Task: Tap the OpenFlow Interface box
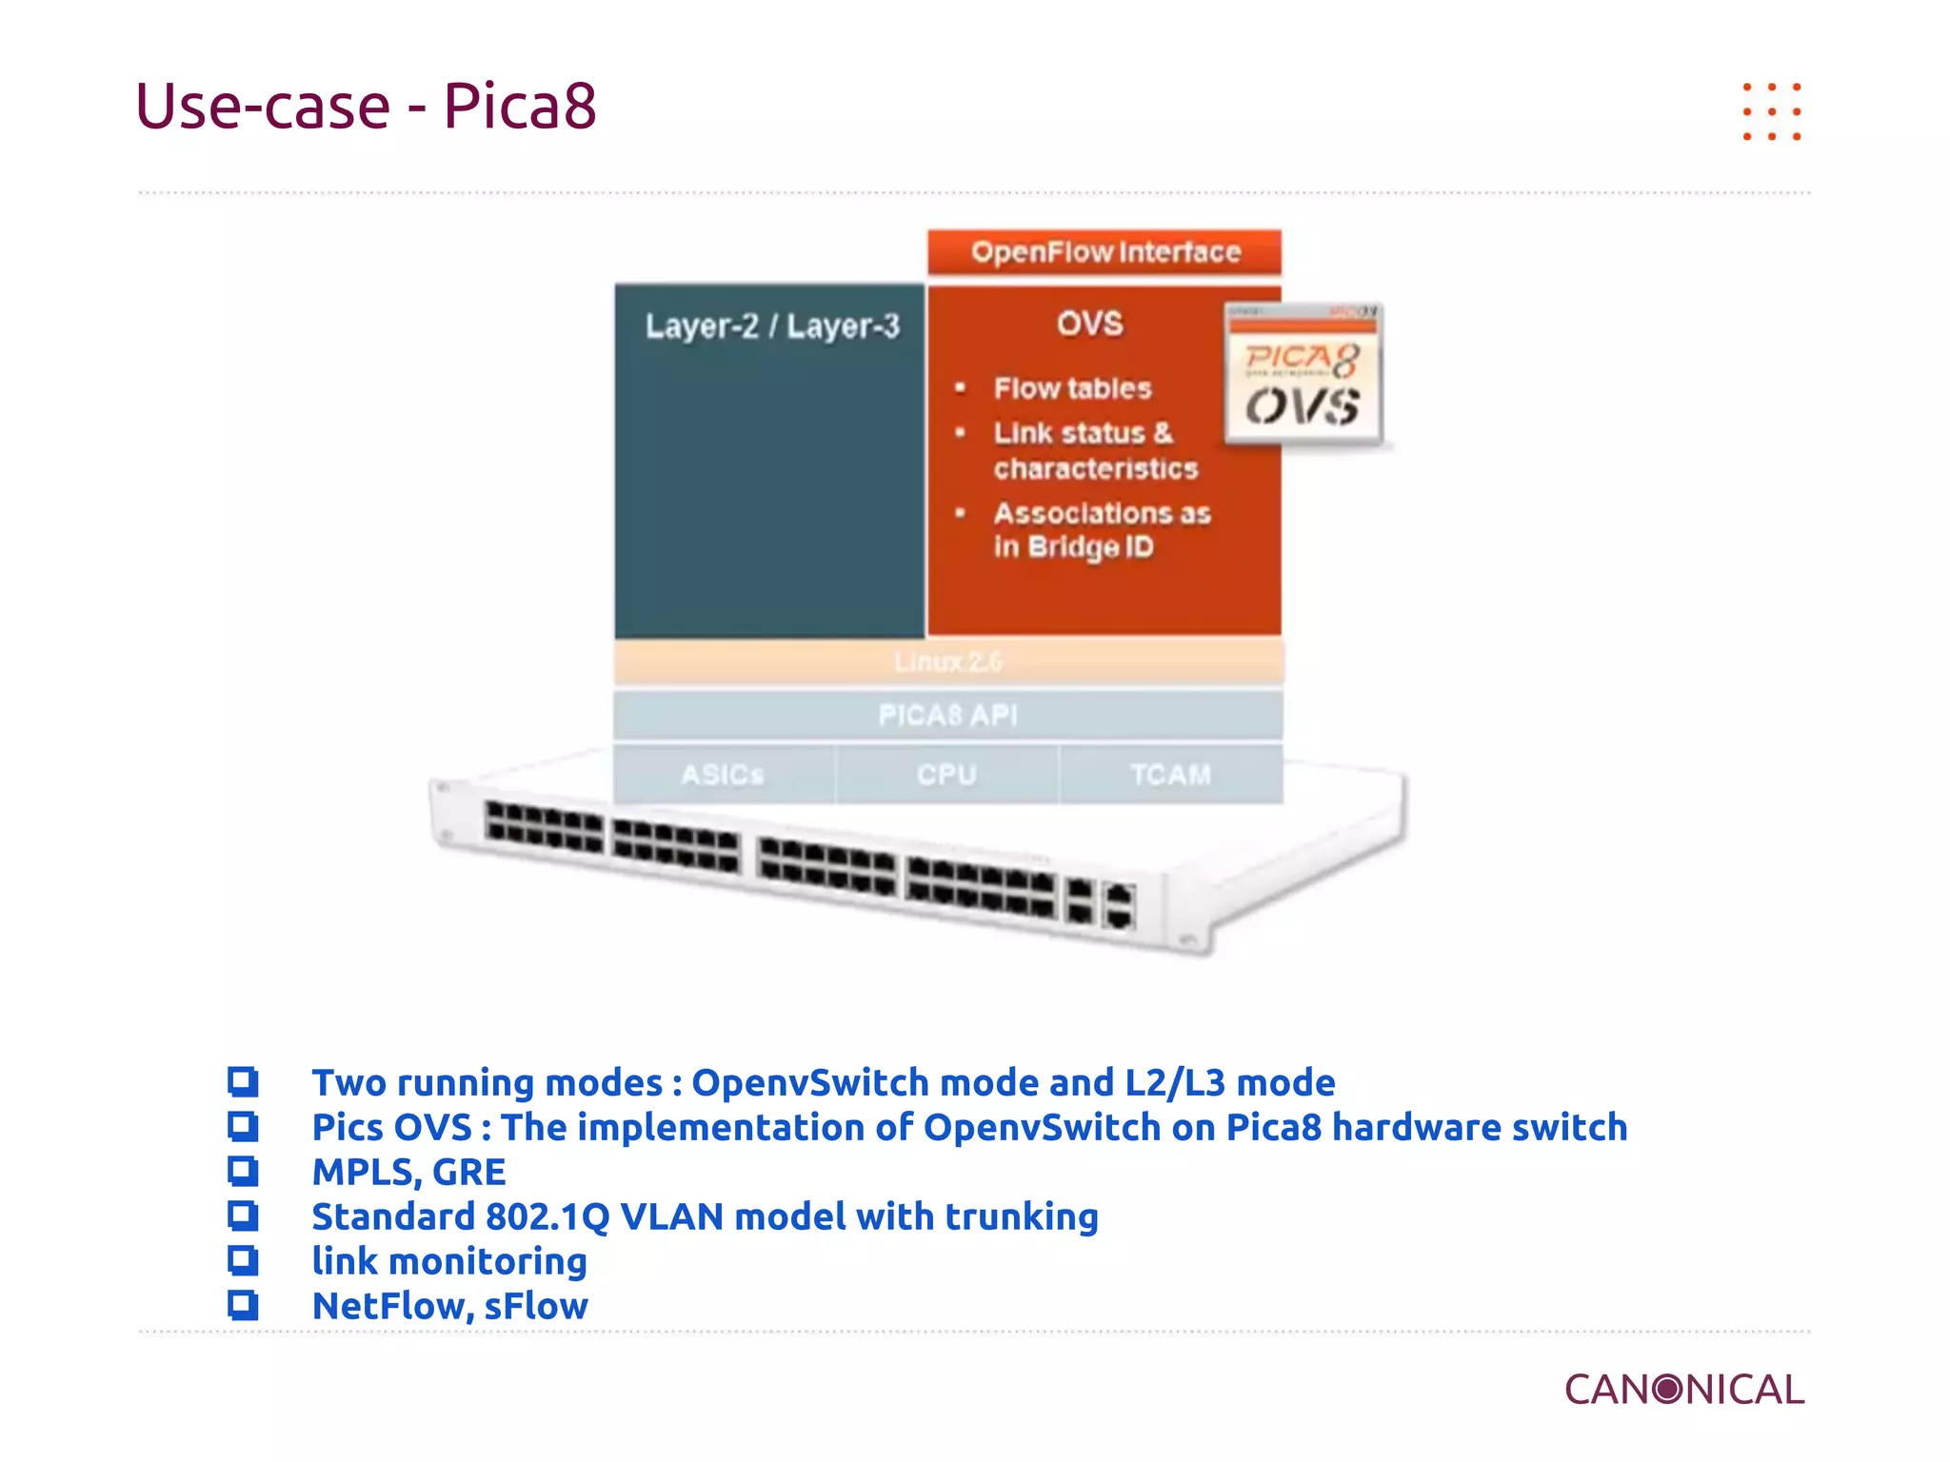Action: pyautogui.click(x=1104, y=252)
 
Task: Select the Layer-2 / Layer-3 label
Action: pyautogui.click(x=771, y=326)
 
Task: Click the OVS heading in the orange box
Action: pyautogui.click(x=1089, y=324)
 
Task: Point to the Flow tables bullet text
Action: pyautogui.click(x=1072, y=388)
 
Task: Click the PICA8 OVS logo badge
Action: pyautogui.click(x=1303, y=375)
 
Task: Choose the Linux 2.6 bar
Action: pyautogui.click(x=948, y=662)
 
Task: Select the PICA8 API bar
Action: pyautogui.click(x=948, y=715)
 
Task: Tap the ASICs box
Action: pyautogui.click(x=723, y=775)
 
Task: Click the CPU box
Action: pyautogui.click(x=946, y=775)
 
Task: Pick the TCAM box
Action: pyautogui.click(x=1171, y=775)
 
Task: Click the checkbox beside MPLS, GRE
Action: pyautogui.click(x=243, y=1171)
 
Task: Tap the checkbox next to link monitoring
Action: pyautogui.click(x=243, y=1260)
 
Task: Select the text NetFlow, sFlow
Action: pyautogui.click(x=449, y=1306)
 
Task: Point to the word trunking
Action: pyautogui.click(x=1021, y=1217)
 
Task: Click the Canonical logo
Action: pyautogui.click(x=1683, y=1390)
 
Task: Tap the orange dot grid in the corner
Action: pyautogui.click(x=1771, y=111)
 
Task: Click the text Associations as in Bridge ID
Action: pyautogui.click(x=1101, y=530)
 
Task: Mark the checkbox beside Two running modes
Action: pyautogui.click(x=243, y=1081)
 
